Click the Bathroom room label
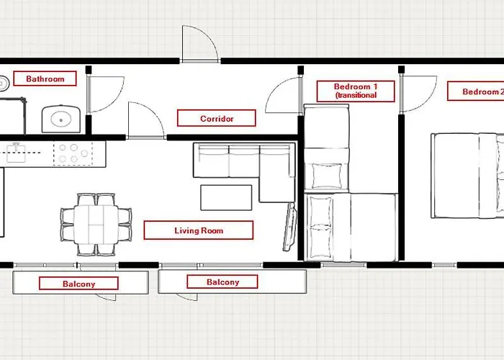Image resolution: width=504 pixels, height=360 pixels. [45, 79]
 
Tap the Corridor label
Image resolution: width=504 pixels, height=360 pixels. [217, 118]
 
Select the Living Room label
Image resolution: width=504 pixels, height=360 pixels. [198, 230]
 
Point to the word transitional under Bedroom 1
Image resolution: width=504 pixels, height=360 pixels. [355, 95]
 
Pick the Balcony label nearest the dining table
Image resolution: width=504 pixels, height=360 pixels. [78, 283]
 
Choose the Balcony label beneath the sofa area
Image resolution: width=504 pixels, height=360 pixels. [222, 282]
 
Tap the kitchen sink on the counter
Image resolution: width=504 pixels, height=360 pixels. [16, 151]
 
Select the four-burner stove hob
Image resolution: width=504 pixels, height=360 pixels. [72, 153]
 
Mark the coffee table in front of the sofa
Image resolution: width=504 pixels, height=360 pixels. [225, 197]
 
